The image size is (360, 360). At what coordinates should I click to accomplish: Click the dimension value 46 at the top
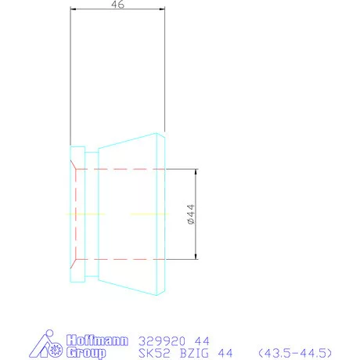[x=118, y=4]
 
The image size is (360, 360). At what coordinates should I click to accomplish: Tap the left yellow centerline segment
[x=85, y=213]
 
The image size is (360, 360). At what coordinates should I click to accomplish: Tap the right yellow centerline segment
[x=146, y=213]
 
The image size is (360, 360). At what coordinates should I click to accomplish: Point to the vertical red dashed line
[x=76, y=213]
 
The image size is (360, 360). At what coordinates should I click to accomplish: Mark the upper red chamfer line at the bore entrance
[x=73, y=165]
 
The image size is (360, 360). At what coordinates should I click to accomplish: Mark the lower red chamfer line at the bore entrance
[x=73, y=261]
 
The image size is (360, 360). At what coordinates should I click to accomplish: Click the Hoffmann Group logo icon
[x=46, y=347]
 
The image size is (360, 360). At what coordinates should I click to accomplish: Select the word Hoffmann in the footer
[x=85, y=341]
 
